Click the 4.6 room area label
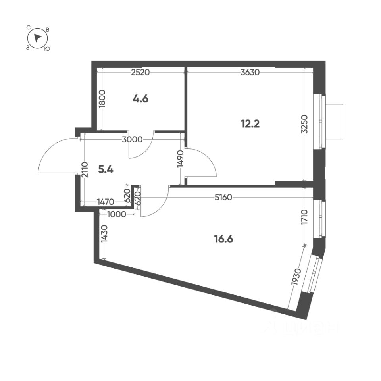pyautogui.click(x=140, y=99)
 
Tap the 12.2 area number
pyautogui.click(x=250, y=124)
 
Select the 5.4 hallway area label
pyautogui.click(x=106, y=170)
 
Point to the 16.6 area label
pyautogui.click(x=223, y=239)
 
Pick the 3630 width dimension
pyautogui.click(x=250, y=72)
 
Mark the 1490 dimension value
pyautogui.click(x=180, y=160)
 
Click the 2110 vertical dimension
pyautogui.click(x=85, y=170)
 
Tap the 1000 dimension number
pyautogui.click(x=116, y=214)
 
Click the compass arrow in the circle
pyautogui.click(x=37, y=38)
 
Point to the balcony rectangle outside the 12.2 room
pyautogui.click(x=334, y=121)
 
